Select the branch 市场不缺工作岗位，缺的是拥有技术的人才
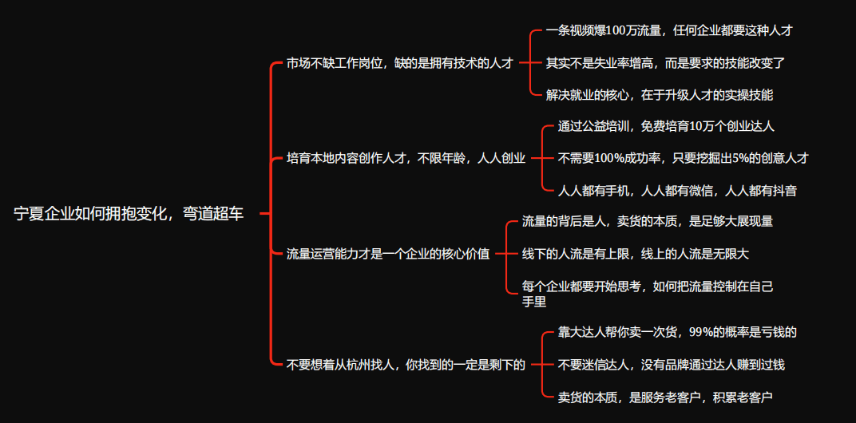tap(399, 63)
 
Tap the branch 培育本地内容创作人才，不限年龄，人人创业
tap(406, 158)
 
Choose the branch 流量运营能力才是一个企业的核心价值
tap(388, 254)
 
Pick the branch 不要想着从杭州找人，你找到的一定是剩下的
tap(406, 365)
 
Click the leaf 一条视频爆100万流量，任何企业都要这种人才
tap(669, 31)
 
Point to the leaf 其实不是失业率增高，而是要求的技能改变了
tap(666, 62)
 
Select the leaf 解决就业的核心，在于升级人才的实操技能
tap(660, 94)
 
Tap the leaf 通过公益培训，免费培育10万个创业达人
tap(666, 126)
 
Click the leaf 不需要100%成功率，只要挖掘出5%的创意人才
tap(683, 158)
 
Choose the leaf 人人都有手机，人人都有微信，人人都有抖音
tap(677, 190)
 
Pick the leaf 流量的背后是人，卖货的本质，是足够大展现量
tap(647, 221)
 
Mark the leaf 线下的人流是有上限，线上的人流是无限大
tap(635, 253)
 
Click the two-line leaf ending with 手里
tap(647, 293)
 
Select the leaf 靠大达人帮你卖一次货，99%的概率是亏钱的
tap(677, 333)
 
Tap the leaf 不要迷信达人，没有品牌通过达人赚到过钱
tap(671, 365)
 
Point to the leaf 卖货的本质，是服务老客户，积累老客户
tap(665, 397)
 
